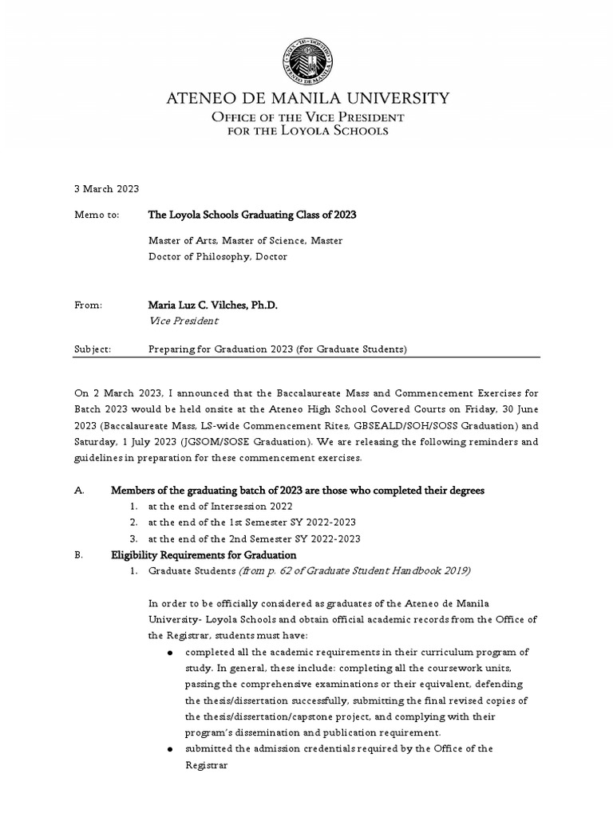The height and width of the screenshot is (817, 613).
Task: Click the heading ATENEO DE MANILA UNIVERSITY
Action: click(x=306, y=99)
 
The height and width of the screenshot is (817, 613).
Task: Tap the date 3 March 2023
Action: click(x=107, y=189)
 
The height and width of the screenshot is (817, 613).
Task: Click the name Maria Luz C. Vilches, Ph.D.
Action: click(x=212, y=306)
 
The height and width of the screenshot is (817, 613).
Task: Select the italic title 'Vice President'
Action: click(x=184, y=321)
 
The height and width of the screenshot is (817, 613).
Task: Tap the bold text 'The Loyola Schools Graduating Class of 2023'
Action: click(x=252, y=215)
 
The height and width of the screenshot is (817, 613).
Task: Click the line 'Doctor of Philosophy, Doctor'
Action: click(x=217, y=256)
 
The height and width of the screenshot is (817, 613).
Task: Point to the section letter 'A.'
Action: click(x=79, y=491)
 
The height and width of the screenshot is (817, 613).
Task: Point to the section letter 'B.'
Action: click(x=79, y=555)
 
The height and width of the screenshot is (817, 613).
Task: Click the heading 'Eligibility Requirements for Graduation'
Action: click(x=204, y=555)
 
